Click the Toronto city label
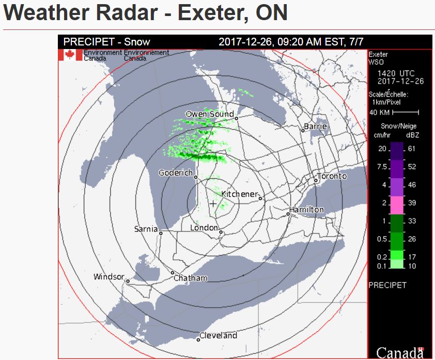pyautogui.click(x=332, y=176)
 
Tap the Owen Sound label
pyautogui.click(x=210, y=114)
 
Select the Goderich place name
pyautogui.click(x=176, y=173)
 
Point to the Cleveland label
pyautogui.click(x=218, y=335)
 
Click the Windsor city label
pyautogui.click(x=108, y=277)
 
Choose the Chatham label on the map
pyautogui.click(x=190, y=278)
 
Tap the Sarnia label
pyautogui.click(x=146, y=228)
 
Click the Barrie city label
pyautogui.click(x=315, y=126)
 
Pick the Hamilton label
pyautogui.click(x=306, y=209)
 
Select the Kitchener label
pyautogui.click(x=239, y=194)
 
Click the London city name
pyautogui.click(x=204, y=228)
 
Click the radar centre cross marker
pyautogui.click(x=213, y=205)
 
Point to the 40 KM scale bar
pyautogui.click(x=406, y=112)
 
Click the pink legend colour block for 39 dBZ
pyautogui.click(x=397, y=204)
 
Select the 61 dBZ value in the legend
pyautogui.click(x=412, y=149)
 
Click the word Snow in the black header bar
pyautogui.click(x=137, y=42)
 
